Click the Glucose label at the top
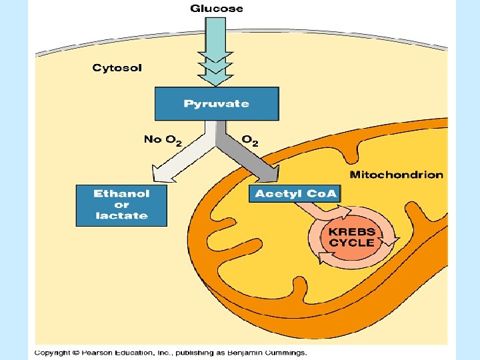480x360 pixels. (217, 9)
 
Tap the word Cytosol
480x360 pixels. (117, 68)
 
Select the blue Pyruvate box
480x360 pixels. (217, 104)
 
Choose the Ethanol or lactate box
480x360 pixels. (121, 205)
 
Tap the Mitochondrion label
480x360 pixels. (396, 175)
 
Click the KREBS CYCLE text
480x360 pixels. (352, 237)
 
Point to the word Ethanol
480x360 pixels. (121, 194)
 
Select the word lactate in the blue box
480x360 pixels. (121, 216)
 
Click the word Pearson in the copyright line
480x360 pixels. (95, 352)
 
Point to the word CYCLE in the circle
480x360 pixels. (352, 243)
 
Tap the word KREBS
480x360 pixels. (352, 232)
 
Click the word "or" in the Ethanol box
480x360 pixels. (121, 205)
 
